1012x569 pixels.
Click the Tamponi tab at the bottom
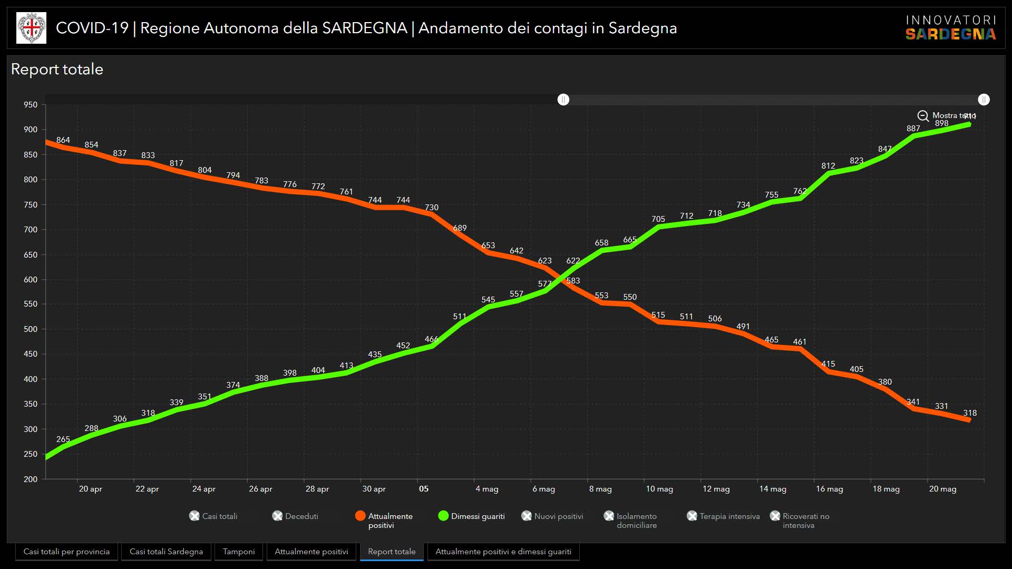tap(239, 552)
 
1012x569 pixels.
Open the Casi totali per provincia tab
tap(66, 552)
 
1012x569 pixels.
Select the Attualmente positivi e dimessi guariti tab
tap(503, 552)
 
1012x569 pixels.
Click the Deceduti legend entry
tap(296, 516)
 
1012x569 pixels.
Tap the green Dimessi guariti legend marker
tap(443, 516)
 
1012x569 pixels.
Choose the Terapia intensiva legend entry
tap(724, 516)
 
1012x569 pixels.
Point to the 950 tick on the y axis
tap(31, 105)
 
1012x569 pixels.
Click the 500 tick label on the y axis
tap(31, 329)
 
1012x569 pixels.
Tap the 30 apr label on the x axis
tap(374, 489)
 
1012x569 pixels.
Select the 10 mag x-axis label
tap(659, 489)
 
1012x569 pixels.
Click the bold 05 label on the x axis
tap(424, 489)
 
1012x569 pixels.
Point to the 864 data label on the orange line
tap(63, 140)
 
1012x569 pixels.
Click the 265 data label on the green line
tap(63, 439)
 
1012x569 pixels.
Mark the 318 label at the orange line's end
tap(970, 413)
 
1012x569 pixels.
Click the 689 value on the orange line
tap(460, 228)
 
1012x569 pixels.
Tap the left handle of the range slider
tap(563, 100)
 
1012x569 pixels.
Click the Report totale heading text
tap(57, 70)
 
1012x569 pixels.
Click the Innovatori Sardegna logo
tap(950, 28)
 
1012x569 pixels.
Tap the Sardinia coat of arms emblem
tap(32, 28)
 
